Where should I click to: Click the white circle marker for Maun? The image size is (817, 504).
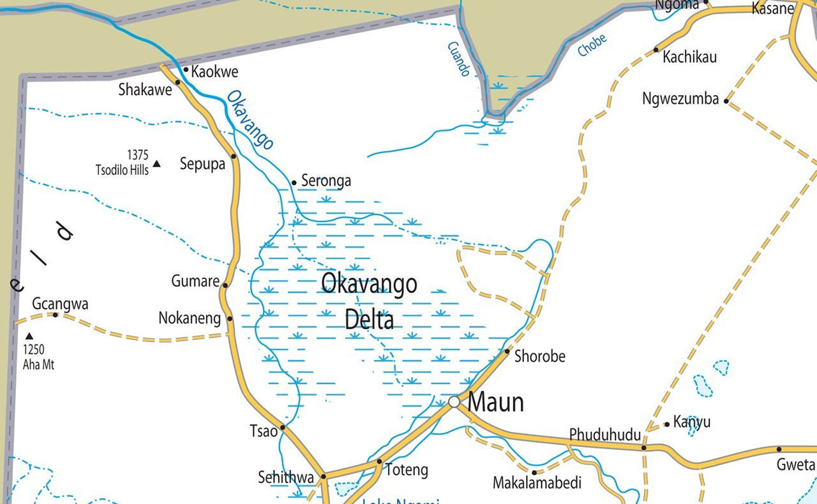coord(454,402)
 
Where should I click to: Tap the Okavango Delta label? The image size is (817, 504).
coord(369,301)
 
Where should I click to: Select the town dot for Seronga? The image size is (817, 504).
coord(294,182)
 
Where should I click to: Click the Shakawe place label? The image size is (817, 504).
coord(145,90)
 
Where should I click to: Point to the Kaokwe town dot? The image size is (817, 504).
coord(186,71)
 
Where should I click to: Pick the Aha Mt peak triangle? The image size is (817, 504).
coord(30,336)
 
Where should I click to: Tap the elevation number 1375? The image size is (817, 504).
coord(137,155)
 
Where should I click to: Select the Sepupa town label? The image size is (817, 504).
coord(202,163)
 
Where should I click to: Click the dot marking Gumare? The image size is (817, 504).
coord(225,285)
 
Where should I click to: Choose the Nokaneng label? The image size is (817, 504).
coord(189,318)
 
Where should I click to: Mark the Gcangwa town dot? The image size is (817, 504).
coord(55,315)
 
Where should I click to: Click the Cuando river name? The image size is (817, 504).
coord(458,59)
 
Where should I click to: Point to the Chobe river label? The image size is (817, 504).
coord(592,45)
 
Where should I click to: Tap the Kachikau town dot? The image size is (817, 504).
coord(656,50)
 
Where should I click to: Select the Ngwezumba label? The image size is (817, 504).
coord(680,99)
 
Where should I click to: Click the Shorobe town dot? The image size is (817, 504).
coord(507,351)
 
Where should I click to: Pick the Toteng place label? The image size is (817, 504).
coord(406,470)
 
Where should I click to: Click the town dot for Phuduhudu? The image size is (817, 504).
coord(644,447)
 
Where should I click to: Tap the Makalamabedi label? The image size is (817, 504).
coord(537,482)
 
